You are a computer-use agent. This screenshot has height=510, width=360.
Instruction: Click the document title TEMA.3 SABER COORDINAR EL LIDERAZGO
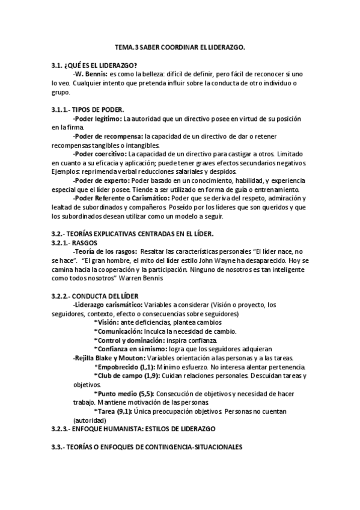coord(180,46)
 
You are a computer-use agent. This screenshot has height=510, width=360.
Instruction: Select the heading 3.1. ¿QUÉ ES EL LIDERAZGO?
coord(94,66)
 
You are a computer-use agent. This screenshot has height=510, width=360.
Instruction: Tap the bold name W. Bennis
coord(90,74)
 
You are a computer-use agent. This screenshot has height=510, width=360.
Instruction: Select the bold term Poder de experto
coord(100,180)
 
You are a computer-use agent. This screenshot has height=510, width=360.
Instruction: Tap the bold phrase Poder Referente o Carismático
coord(121,198)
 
